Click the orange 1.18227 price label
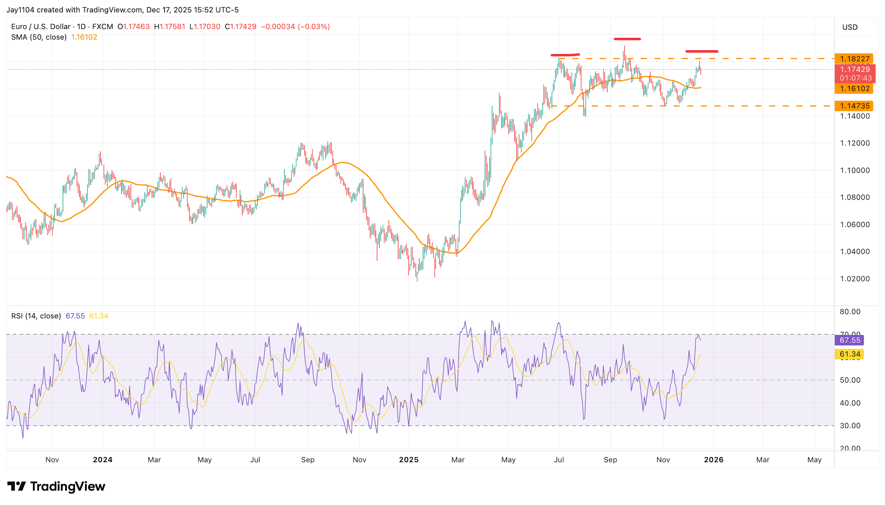point(854,59)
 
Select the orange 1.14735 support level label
point(854,106)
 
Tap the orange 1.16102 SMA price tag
point(854,88)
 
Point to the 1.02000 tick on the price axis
point(855,279)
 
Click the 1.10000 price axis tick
point(855,170)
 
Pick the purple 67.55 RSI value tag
point(850,340)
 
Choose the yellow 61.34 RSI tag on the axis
point(850,354)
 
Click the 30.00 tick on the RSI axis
point(850,425)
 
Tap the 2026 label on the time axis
point(713,460)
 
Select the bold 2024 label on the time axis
point(103,460)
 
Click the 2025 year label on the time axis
point(409,460)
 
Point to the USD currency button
point(850,27)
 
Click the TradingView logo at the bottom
point(57,486)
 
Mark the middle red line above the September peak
point(627,39)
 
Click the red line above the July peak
point(565,55)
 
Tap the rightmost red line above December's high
point(702,51)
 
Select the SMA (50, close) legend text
point(39,37)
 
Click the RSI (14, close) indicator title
point(36,316)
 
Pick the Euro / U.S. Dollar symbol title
point(41,27)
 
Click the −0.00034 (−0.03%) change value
point(295,27)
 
